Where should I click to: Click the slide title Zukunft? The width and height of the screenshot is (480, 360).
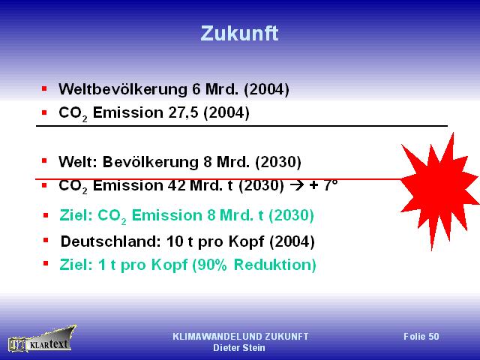[239, 33]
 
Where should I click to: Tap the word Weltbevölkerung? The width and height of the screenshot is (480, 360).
[123, 89]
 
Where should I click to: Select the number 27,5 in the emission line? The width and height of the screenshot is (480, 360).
[183, 112]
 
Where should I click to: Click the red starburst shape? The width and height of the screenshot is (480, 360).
[439, 191]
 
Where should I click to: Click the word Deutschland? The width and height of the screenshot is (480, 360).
[111, 241]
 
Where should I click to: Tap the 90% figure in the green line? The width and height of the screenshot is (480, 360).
[210, 265]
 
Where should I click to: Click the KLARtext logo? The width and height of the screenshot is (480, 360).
[42, 340]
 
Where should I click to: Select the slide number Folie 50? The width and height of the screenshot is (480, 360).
[421, 337]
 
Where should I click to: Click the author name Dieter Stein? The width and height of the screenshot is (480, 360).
[239, 348]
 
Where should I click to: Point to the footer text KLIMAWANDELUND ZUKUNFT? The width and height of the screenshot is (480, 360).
[240, 337]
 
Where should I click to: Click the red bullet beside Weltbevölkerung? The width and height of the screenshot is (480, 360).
[44, 89]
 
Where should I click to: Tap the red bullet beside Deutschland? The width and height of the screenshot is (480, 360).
[46, 240]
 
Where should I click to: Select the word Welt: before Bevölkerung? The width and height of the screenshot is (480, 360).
[78, 162]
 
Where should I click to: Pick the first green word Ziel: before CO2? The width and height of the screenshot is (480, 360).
[76, 215]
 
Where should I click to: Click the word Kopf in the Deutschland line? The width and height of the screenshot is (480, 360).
[246, 241]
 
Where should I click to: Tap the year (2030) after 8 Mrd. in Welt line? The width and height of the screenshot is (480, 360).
[278, 162]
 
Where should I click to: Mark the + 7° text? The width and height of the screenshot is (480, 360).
[323, 185]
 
